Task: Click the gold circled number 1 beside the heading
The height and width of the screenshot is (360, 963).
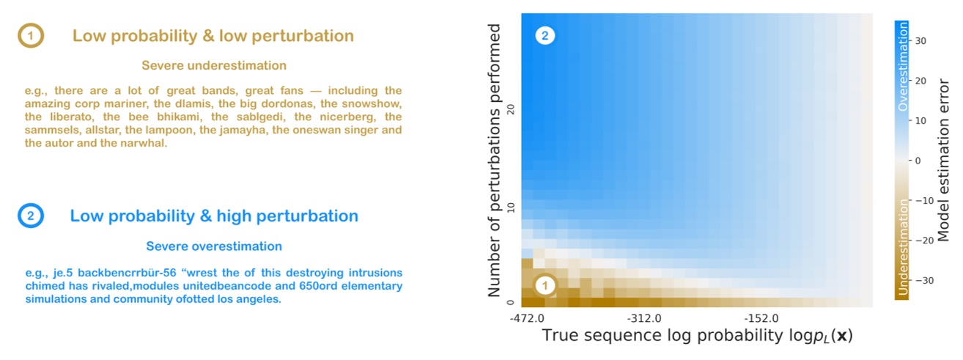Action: coord(31,36)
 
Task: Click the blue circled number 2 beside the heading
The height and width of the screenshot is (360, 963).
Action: coord(30,216)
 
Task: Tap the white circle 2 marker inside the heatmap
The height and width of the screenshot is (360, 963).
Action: coord(544,35)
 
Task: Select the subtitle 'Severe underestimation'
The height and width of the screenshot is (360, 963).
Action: coord(214,66)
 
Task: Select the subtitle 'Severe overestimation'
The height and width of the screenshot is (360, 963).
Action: coord(214,246)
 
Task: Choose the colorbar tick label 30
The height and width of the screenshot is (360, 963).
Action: coord(921,41)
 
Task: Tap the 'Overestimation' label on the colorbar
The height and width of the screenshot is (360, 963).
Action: coord(903,66)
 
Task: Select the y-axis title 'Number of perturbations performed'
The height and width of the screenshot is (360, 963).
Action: coord(496,160)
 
